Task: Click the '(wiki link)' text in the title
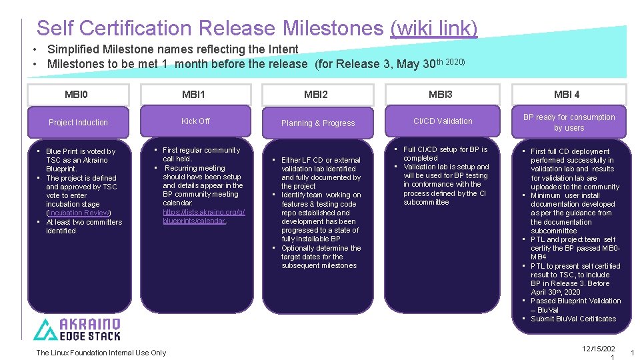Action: (433, 28)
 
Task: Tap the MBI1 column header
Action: (194, 94)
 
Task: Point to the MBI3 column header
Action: (441, 94)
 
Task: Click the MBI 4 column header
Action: (567, 94)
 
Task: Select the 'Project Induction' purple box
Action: (78, 123)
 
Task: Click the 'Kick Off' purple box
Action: (195, 121)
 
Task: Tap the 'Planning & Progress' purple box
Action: (318, 123)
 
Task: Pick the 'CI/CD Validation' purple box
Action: (443, 121)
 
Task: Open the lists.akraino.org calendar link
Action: (203, 216)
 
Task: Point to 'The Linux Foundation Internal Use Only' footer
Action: (101, 353)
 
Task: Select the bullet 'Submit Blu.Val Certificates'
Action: (573, 319)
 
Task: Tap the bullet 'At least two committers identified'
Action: (83, 226)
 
